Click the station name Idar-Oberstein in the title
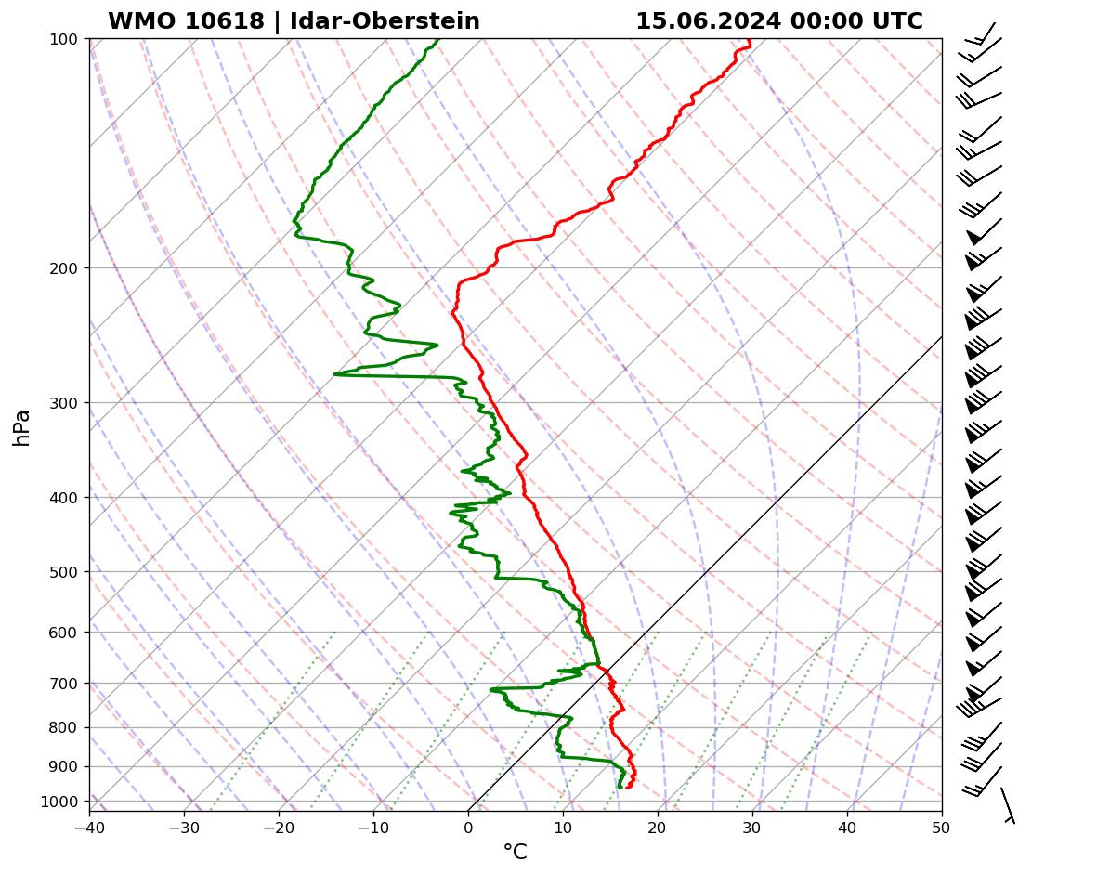click(385, 21)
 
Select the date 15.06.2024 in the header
click(708, 21)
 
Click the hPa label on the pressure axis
click(22, 427)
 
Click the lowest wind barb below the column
click(1007, 805)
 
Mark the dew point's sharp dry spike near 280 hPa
click(336, 374)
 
